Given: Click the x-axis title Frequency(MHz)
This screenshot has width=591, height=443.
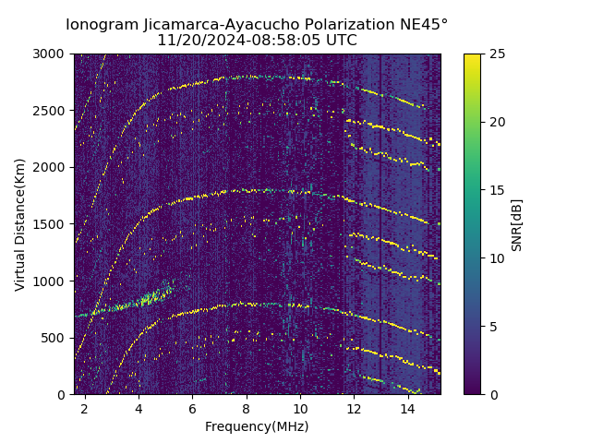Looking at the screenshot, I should click(x=257, y=426).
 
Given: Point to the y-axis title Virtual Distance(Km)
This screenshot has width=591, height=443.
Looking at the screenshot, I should click(x=20, y=224).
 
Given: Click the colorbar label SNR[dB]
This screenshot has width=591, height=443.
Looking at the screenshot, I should click(x=517, y=224).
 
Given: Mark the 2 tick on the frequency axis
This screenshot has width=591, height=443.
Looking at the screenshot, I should click(x=84, y=407).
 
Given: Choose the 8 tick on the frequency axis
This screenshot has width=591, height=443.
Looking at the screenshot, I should click(x=246, y=407).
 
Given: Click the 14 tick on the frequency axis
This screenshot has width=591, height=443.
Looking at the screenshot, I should click(x=407, y=407).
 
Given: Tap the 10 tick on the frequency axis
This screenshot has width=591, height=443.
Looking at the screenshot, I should click(x=299, y=407).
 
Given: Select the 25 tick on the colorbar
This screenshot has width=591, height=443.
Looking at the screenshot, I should click(x=495, y=54).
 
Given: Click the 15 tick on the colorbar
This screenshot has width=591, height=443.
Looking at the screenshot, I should click(x=495, y=190).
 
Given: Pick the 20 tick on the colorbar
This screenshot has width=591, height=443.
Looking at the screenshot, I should click(x=495, y=122).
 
